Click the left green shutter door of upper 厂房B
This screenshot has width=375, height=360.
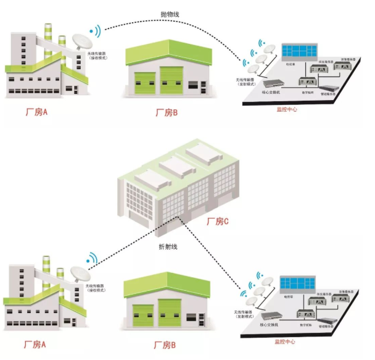click(144, 82)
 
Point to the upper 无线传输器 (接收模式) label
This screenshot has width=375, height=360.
click(100, 57)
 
